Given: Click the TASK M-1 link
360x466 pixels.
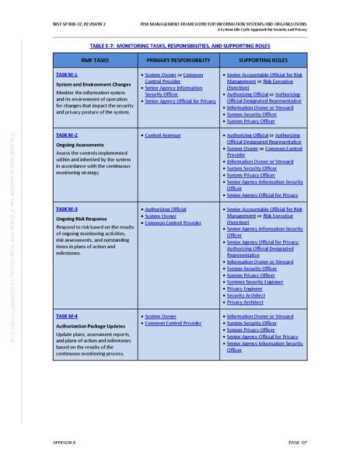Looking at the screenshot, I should point(67,74).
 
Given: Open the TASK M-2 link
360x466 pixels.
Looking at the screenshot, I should point(67,135).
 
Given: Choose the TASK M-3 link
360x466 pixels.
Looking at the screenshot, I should point(67,209).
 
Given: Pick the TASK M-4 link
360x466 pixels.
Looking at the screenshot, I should point(67,317).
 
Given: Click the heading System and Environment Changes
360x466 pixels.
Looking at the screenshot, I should point(93,83).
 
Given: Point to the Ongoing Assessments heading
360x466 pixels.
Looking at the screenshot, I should point(81,144).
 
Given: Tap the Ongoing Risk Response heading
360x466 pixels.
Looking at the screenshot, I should point(83,219).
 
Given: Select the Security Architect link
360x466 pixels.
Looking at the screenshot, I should point(246,296).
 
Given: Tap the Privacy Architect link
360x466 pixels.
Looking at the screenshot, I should point(245,302).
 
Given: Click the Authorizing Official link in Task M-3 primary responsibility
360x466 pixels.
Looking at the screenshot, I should point(166,209).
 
